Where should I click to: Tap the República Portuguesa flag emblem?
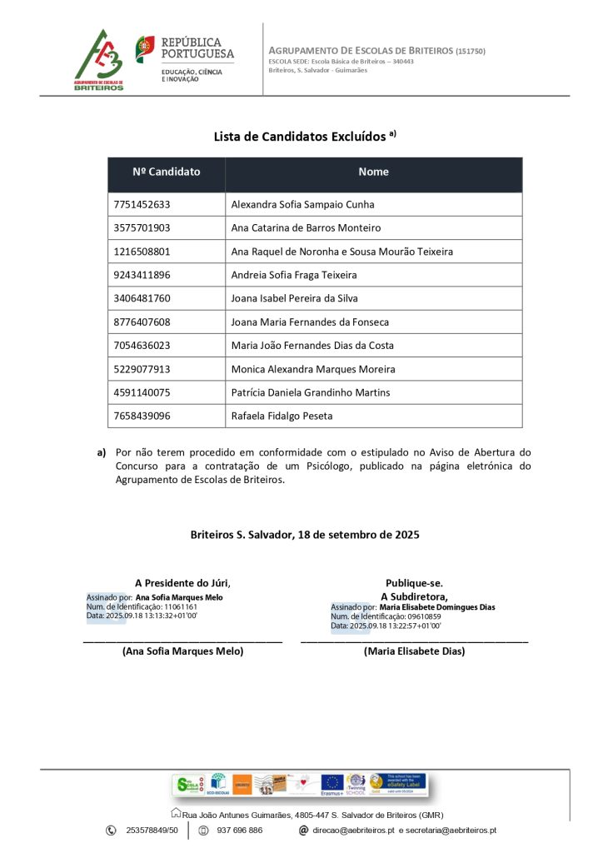point(145,49)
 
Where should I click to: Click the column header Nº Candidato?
point(167,172)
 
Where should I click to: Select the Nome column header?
point(373,172)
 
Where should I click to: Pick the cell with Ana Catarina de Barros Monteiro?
point(306,228)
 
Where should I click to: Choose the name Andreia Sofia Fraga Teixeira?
point(293,275)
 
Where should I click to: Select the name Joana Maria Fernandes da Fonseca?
point(309,322)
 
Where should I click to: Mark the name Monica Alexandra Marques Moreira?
point(312,369)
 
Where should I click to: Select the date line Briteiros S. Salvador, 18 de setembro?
point(304,535)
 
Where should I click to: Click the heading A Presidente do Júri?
point(182,583)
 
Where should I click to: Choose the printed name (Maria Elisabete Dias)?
point(414,651)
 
